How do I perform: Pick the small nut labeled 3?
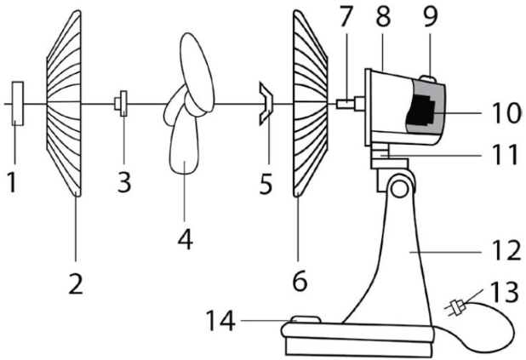click(x=123, y=104)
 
